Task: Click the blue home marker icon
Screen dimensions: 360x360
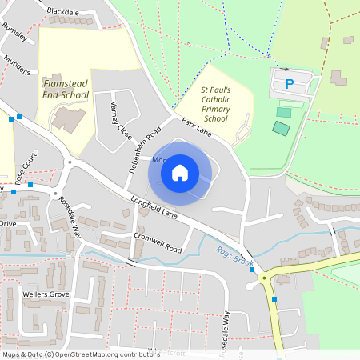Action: coord(180,172)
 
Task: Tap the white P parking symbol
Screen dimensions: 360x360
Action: coord(290,82)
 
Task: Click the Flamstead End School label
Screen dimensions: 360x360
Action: coord(66,89)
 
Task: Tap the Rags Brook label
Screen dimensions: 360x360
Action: coord(233,257)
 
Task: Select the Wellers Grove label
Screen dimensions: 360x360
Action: coord(46,295)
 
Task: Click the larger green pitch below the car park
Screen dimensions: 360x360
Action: coord(281,128)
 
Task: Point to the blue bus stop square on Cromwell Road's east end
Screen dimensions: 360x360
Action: coord(252,270)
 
